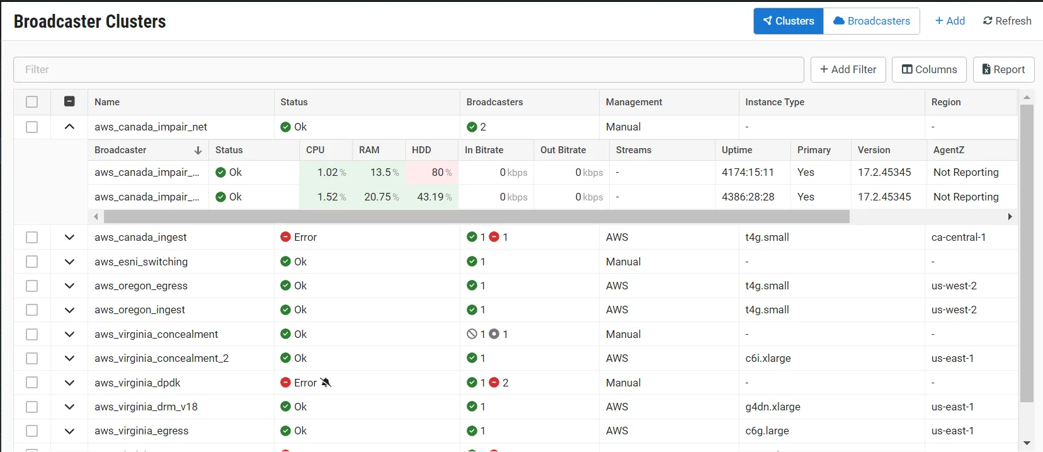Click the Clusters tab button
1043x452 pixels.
tap(789, 21)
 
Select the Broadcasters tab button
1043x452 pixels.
tap(872, 21)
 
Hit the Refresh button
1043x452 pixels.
tap(1007, 21)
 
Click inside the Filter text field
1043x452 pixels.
tap(408, 69)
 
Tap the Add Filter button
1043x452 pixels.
tap(848, 69)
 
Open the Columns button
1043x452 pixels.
tap(929, 69)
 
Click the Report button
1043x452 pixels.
tap(1003, 69)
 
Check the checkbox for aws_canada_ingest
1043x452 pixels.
tap(31, 237)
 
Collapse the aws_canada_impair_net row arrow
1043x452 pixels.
tap(69, 127)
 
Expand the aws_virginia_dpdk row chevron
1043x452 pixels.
tap(69, 383)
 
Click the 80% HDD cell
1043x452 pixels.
tap(431, 172)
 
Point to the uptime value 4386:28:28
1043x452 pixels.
tap(748, 197)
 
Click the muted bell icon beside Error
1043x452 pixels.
tap(326, 383)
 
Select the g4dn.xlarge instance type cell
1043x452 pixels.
tap(772, 407)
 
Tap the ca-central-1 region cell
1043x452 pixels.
tap(958, 237)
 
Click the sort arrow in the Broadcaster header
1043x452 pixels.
tap(198, 150)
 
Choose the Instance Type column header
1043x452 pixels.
tap(775, 102)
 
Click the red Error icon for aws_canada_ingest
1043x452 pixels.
tap(285, 237)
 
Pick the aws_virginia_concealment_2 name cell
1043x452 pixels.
tap(162, 358)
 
